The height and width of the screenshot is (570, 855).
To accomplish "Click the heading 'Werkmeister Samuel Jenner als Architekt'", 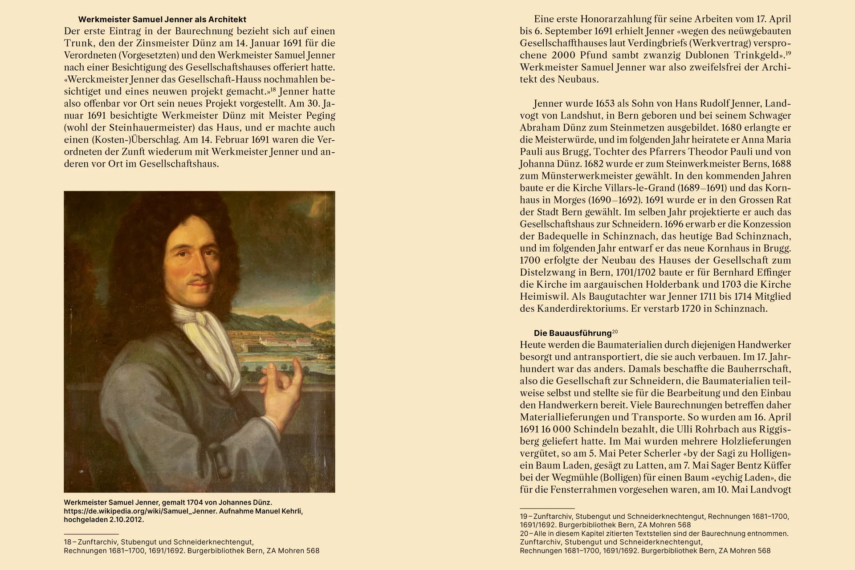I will pos(162,20).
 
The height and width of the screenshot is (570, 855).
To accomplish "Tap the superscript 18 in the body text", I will pos(273,90).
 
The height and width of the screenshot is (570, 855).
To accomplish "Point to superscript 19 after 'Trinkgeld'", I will pos(788,53).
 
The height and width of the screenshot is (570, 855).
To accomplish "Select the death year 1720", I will pos(691,309).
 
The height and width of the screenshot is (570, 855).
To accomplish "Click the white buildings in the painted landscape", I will pos(285,343).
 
